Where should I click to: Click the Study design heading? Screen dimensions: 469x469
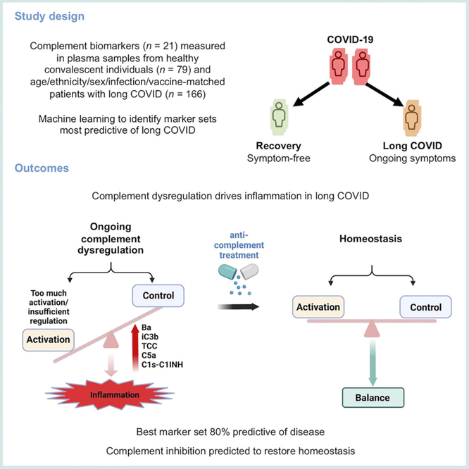coord(49,16)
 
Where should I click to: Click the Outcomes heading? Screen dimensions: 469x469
coord(42,168)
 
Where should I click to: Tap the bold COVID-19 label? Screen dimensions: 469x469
coord(350,39)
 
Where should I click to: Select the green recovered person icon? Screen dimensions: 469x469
coord(279,117)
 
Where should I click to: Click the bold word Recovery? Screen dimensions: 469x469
coord(278,146)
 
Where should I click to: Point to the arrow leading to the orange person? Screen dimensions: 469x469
coord(384,94)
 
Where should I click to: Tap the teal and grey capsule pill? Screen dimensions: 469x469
coord(239,272)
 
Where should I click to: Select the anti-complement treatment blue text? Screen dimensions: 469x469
coord(239,245)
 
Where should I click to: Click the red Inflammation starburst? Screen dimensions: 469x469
coord(110,394)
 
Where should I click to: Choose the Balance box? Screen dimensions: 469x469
coord(373,397)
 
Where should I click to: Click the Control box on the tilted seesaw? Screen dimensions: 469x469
coord(158,296)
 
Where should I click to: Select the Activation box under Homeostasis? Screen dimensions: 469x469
coord(318,307)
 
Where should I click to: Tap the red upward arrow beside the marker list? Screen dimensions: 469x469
coord(135,348)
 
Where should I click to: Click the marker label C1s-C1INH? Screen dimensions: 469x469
coord(162,365)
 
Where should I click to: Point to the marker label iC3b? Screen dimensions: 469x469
coord(150,337)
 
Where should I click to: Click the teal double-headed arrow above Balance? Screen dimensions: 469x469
coord(373,363)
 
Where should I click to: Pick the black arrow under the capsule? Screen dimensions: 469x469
coord(239,306)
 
